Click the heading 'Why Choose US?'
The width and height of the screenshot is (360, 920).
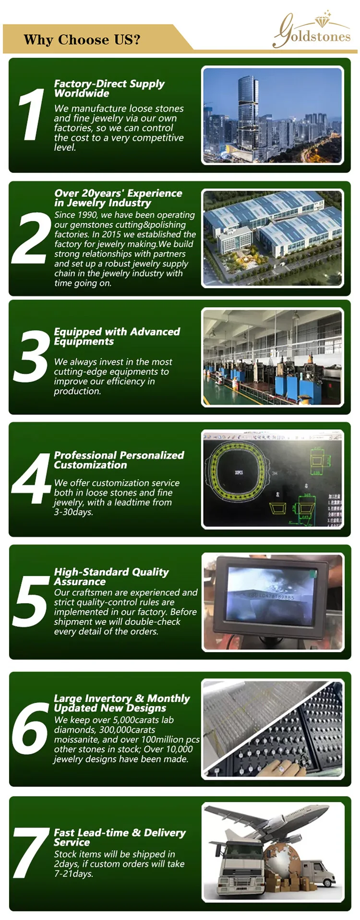coord(82,39)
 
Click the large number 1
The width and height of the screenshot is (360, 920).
coord(31,116)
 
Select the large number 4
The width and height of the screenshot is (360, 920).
coord(31,478)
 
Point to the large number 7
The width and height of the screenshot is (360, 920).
coord(31,852)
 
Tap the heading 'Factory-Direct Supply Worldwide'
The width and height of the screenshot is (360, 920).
coord(109,88)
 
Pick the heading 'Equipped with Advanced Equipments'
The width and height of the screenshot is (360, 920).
coord(117,337)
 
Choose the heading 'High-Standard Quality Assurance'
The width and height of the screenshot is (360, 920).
coord(111,577)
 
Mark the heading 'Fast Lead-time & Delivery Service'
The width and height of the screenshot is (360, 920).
coord(120,837)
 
